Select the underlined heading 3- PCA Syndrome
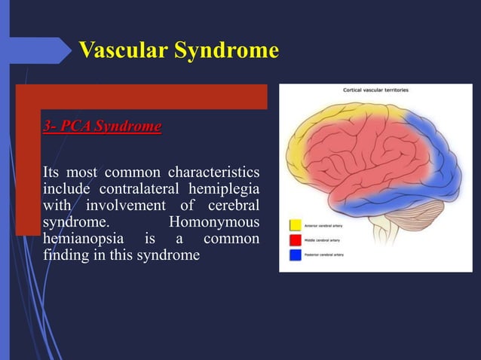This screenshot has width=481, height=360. click(x=102, y=126)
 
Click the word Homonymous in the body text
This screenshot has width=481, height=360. click(x=215, y=223)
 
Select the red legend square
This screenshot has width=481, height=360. click(x=295, y=239)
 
